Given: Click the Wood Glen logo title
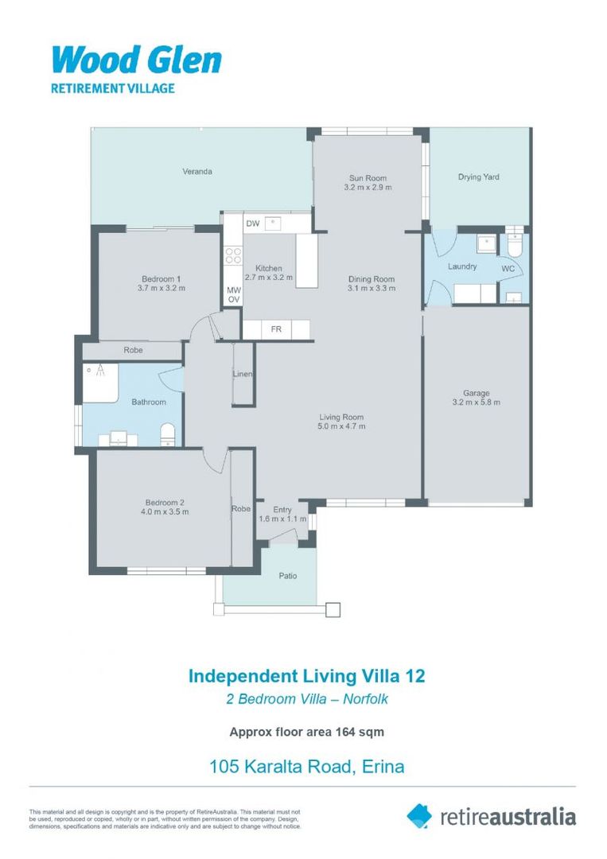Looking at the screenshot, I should [136, 60].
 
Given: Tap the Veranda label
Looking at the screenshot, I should [197, 171].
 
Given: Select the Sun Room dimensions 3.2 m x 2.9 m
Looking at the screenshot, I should [368, 188].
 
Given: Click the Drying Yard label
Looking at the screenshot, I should [478, 177].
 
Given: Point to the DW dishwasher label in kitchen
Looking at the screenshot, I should [253, 223].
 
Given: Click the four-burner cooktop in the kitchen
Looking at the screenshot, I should [234, 255].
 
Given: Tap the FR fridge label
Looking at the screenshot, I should [276, 328].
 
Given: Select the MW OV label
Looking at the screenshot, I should [234, 294].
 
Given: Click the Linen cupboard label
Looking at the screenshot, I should [243, 375].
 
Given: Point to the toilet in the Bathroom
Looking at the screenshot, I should [168, 433].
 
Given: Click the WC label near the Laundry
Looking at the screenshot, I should [508, 270].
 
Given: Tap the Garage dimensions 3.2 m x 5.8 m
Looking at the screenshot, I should [477, 402].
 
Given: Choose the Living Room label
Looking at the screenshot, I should [341, 417].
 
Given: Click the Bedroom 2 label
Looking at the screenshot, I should [165, 502].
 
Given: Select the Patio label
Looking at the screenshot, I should [287, 575].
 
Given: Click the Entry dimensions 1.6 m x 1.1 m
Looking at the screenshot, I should [282, 519].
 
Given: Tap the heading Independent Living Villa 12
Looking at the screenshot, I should [306, 676].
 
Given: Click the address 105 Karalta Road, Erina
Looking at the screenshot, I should [306, 767].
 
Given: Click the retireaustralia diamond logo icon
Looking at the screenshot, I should [419, 815].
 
